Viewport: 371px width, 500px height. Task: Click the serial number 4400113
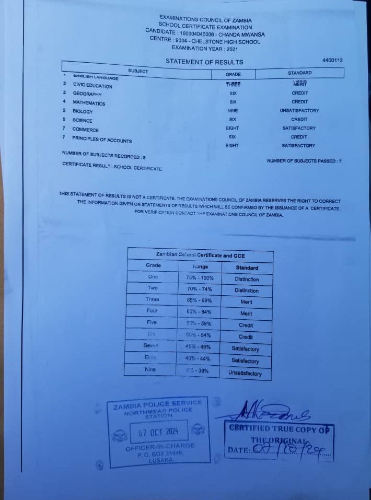click(x=332, y=61)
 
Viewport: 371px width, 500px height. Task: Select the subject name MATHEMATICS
click(x=89, y=103)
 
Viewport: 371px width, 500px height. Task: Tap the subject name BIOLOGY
click(x=83, y=111)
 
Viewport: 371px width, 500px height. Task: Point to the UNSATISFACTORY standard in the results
click(x=299, y=111)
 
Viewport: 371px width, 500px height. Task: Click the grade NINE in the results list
click(x=233, y=111)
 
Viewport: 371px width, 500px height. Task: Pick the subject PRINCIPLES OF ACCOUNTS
click(x=102, y=139)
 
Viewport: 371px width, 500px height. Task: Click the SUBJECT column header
click(x=138, y=71)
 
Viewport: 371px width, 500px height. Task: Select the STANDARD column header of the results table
click(x=299, y=73)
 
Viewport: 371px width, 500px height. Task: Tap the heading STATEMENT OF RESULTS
click(x=204, y=62)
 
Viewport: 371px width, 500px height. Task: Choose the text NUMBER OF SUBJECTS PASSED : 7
click(x=304, y=161)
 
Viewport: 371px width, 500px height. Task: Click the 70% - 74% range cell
click(x=200, y=288)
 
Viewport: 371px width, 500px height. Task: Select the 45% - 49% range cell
click(x=199, y=346)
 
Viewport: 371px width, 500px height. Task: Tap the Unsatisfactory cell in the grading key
click(x=245, y=373)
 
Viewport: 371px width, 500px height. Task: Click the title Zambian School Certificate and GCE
click(x=200, y=255)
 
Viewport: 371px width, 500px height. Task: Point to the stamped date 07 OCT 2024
click(x=158, y=432)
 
